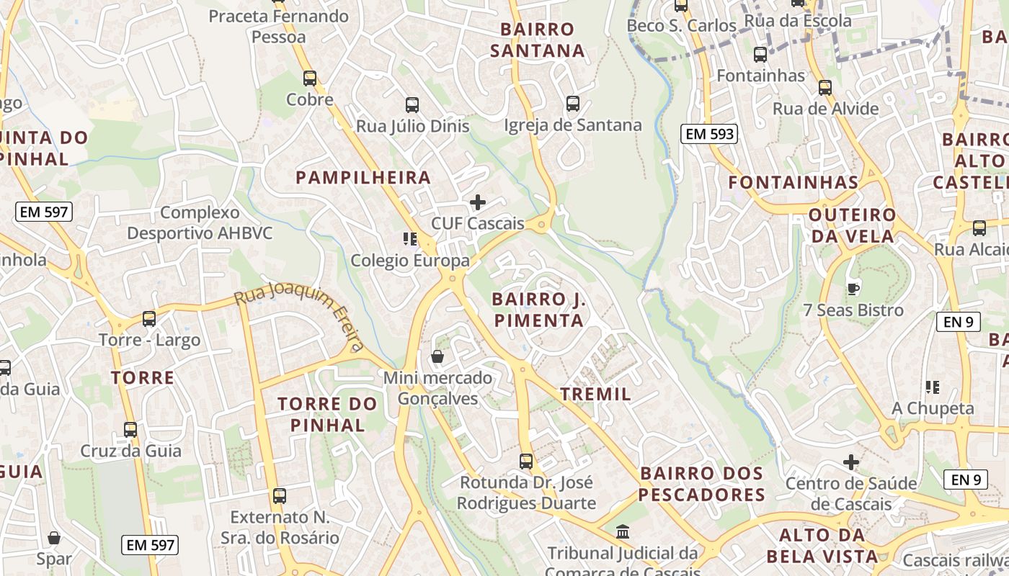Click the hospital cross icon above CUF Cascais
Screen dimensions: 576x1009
point(477,202)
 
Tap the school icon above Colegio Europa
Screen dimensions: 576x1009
point(410,239)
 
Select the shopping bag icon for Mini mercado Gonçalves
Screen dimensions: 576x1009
point(437,356)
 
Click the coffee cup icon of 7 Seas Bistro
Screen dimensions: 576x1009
point(853,289)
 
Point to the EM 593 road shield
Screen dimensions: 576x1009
point(709,134)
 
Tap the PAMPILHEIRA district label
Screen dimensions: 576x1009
point(363,177)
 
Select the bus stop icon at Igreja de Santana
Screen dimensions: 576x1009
point(572,104)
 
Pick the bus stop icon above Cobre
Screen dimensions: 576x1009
point(310,78)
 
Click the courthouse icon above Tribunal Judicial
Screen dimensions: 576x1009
point(623,532)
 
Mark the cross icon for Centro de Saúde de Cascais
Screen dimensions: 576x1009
point(851,462)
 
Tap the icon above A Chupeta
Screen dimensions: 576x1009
point(933,387)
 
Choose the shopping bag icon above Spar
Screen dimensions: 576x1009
point(54,538)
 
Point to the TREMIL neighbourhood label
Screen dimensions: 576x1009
point(595,394)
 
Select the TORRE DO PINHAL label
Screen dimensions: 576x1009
point(328,414)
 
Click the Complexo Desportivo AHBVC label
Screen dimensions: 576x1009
point(199,223)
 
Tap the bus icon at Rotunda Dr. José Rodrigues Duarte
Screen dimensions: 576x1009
point(526,461)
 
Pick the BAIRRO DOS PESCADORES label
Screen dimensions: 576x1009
point(701,484)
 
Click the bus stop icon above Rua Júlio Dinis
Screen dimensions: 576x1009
point(412,105)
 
